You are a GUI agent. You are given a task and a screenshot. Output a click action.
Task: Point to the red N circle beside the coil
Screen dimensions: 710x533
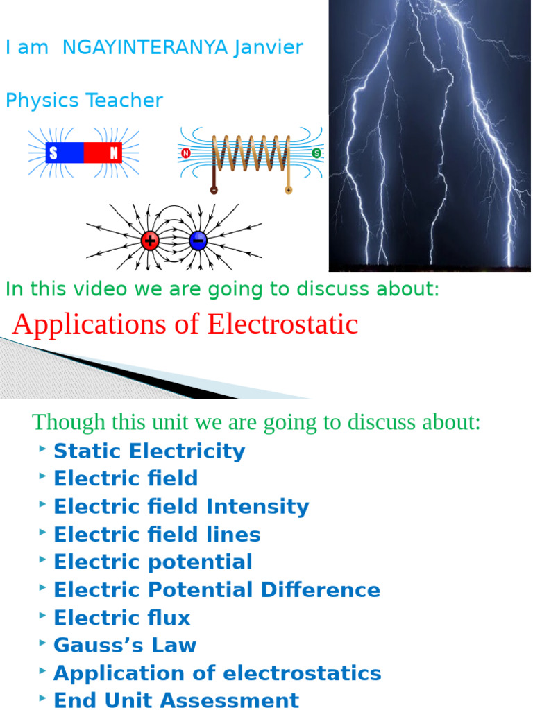[x=185, y=153]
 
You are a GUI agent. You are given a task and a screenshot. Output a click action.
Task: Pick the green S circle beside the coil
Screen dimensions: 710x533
[x=316, y=153]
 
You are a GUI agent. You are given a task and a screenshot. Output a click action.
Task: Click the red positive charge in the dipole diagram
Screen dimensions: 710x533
[x=150, y=241]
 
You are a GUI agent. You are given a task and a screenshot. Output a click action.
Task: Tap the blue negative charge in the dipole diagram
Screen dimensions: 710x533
[x=198, y=241]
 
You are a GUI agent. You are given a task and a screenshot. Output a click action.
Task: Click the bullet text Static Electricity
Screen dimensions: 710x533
[x=149, y=451]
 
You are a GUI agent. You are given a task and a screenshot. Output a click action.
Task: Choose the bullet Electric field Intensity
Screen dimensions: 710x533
[x=181, y=506]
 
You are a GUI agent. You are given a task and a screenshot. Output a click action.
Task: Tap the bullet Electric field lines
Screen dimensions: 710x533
[x=157, y=535]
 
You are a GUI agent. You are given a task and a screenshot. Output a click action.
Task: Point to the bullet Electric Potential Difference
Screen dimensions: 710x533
[x=217, y=590]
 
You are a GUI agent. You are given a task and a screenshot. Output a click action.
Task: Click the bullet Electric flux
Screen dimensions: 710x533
[x=121, y=618]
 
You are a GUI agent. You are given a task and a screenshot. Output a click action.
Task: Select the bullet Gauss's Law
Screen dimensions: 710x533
[x=125, y=646]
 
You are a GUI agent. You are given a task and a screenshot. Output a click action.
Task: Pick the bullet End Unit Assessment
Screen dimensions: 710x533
[x=176, y=700]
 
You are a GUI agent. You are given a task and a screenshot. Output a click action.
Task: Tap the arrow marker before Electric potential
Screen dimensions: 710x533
[x=43, y=560]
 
